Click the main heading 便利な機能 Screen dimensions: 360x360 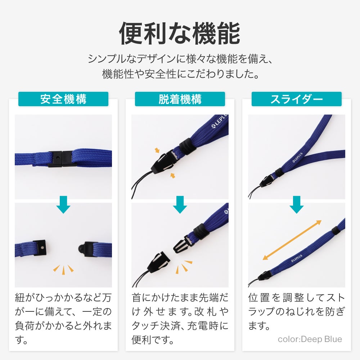click(x=180, y=34)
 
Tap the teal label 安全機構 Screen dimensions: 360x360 click(x=63, y=99)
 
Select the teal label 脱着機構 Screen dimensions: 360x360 click(x=180, y=99)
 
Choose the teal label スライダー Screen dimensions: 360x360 click(x=297, y=99)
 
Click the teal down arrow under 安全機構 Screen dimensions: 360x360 click(x=63, y=204)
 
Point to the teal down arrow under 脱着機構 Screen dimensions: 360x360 click(x=180, y=204)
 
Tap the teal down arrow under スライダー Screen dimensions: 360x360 click(x=297, y=204)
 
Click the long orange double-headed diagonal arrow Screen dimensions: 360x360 click(x=292, y=240)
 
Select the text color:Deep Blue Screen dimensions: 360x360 click(x=310, y=339)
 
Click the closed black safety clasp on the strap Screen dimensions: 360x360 click(x=60, y=159)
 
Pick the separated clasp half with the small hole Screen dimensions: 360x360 click(x=40, y=248)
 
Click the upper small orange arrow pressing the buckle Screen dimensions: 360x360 click(x=157, y=150)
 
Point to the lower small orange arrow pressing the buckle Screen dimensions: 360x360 click(x=173, y=176)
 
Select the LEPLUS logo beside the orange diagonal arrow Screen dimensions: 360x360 click(x=297, y=258)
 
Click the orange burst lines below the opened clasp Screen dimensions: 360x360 click(x=63, y=269)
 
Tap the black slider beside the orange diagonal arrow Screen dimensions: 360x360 click(x=336, y=230)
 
